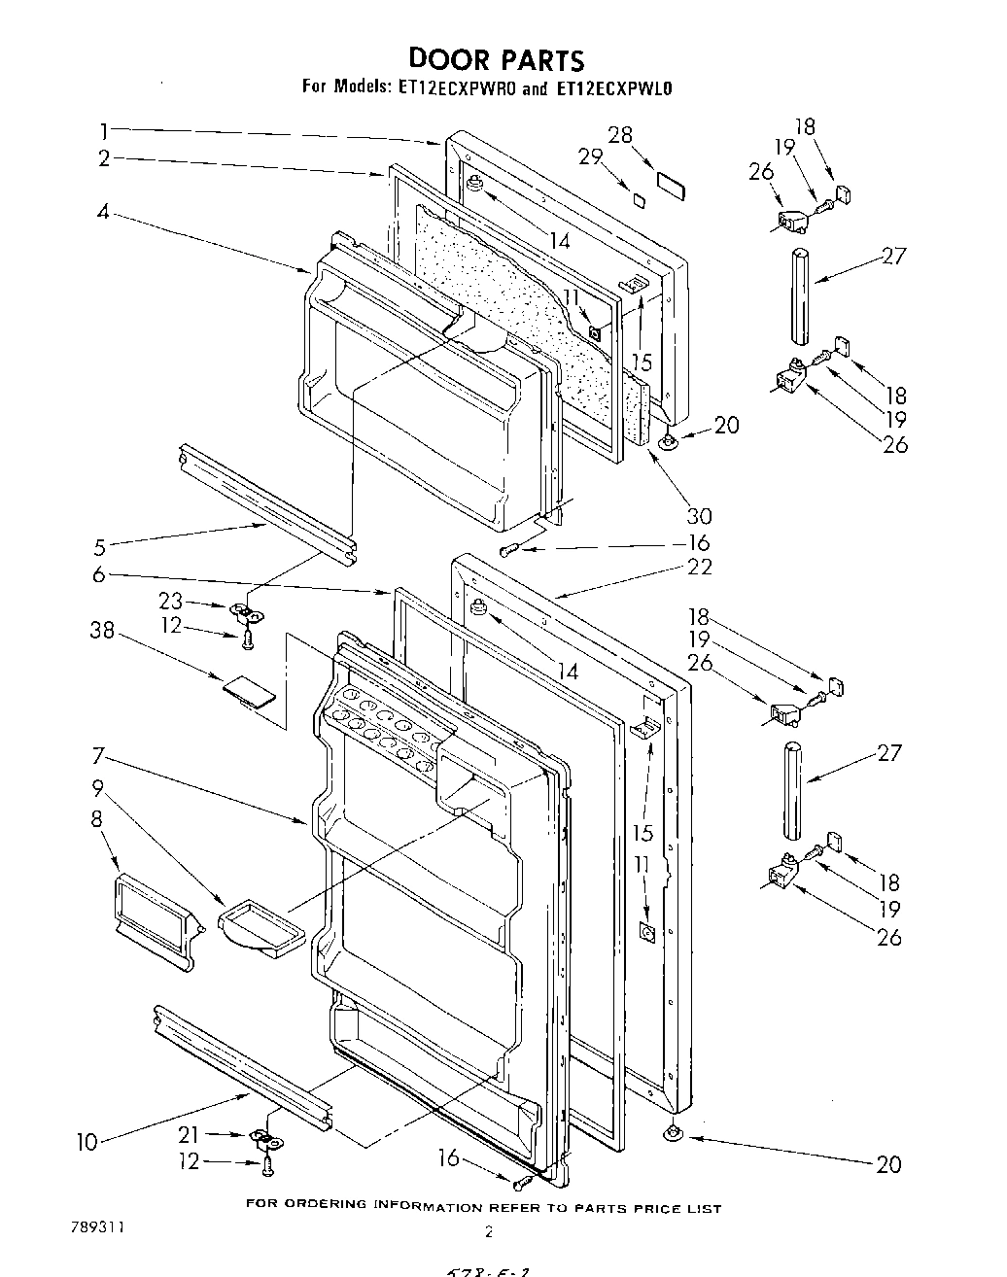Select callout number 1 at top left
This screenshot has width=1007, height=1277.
pyautogui.click(x=103, y=128)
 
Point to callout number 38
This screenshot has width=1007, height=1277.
pyautogui.click(x=102, y=631)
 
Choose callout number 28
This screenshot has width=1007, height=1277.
pyautogui.click(x=620, y=135)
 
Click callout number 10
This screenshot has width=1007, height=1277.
pyautogui.click(x=87, y=1142)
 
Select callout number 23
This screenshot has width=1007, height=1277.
pyautogui.click(x=171, y=602)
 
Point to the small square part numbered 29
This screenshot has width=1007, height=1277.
pyautogui.click(x=639, y=199)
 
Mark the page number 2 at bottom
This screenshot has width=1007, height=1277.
pyautogui.click(x=489, y=1231)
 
